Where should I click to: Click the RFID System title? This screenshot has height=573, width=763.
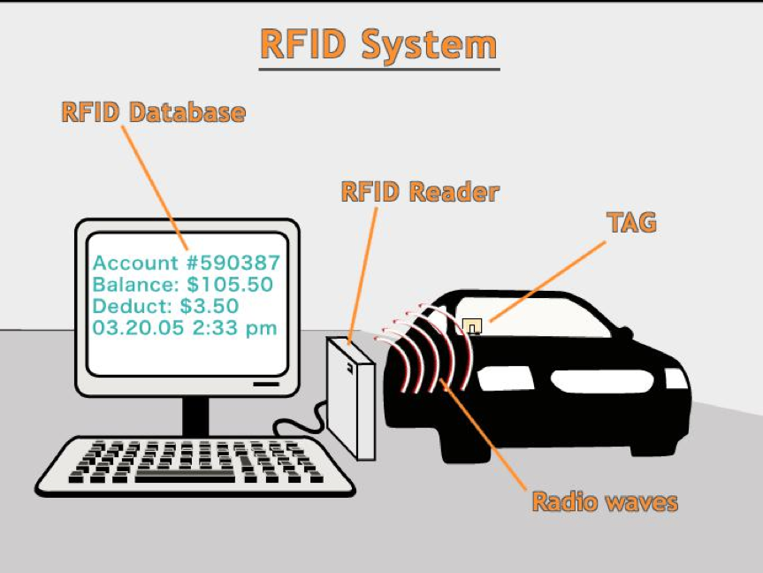coord(378,45)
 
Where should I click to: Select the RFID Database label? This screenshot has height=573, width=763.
coord(153,112)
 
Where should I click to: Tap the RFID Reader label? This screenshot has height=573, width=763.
coord(420,192)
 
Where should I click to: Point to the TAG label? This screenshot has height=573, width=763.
coord(632,222)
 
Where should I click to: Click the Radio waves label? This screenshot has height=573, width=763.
coord(605,503)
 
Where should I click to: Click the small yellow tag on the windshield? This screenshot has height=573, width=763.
coord(472,325)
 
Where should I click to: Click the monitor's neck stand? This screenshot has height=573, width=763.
coord(195,416)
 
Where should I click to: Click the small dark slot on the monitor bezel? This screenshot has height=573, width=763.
coord(266,385)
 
